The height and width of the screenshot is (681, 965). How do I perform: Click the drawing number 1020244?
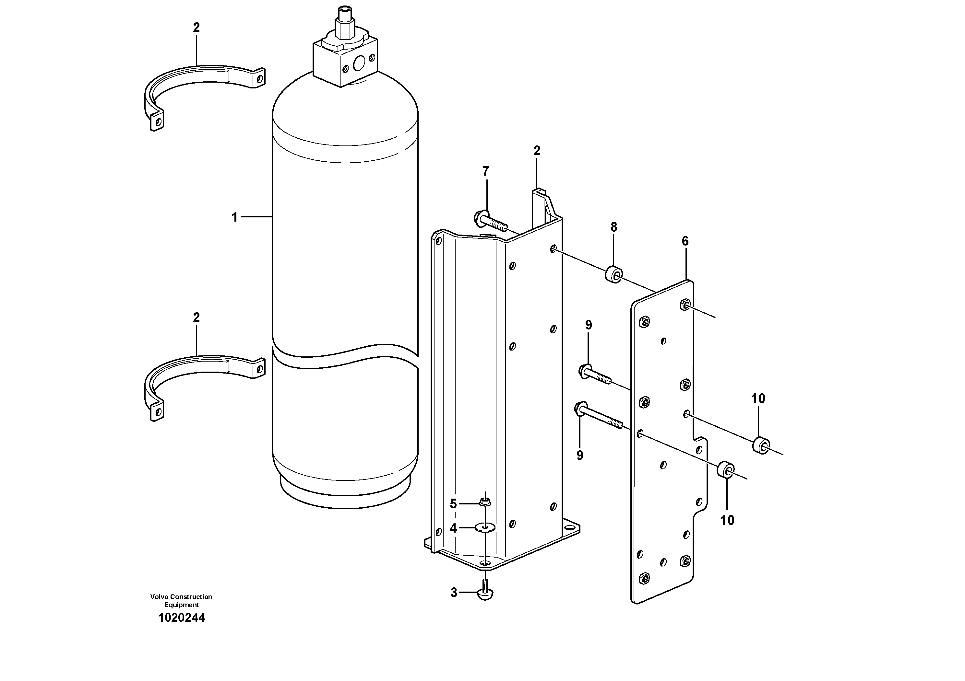(181, 618)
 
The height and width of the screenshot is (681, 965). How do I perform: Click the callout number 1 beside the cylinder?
(234, 217)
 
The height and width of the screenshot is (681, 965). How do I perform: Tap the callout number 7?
(485, 171)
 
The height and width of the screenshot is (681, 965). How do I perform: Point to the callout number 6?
(685, 241)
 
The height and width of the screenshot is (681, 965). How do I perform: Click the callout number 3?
(454, 593)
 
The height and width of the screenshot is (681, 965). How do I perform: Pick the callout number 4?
(453, 528)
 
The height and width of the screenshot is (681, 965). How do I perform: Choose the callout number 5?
(453, 504)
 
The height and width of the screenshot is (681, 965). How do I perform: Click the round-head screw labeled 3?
(485, 593)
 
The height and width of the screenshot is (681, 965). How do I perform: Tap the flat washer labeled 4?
(485, 527)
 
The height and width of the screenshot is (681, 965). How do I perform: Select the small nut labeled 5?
(485, 502)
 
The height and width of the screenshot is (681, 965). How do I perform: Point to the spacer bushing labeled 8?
(613, 275)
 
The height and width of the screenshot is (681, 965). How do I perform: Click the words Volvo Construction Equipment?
(181, 601)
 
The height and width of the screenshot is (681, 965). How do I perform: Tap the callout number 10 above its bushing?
(758, 398)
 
